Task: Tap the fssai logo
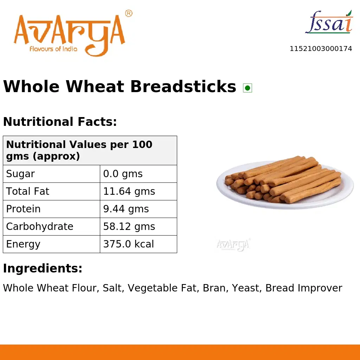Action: [329, 22]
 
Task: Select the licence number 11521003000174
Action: [321, 49]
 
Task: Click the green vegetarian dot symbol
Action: [247, 88]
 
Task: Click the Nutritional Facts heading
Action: [60, 122]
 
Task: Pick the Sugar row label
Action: [20, 174]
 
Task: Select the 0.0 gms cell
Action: [123, 174]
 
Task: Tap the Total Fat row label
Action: [27, 192]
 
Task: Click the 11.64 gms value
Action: [129, 192]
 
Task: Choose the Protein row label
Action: [23, 209]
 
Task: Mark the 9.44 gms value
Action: [126, 209]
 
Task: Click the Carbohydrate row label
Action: [40, 227]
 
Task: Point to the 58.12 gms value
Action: [129, 227]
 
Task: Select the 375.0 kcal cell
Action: [128, 244]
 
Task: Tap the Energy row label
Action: [23, 244]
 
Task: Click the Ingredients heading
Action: [43, 269]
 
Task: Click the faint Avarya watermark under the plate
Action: [233, 244]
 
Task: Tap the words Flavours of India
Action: [53, 49]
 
